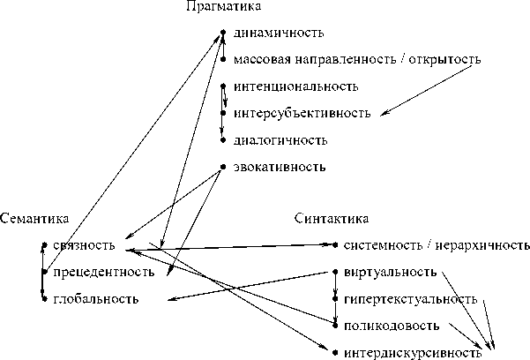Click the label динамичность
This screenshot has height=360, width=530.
[275, 34]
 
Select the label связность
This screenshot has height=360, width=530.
[84, 245]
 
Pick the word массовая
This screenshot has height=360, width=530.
[263, 60]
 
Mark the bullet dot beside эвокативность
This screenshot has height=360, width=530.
[224, 166]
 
